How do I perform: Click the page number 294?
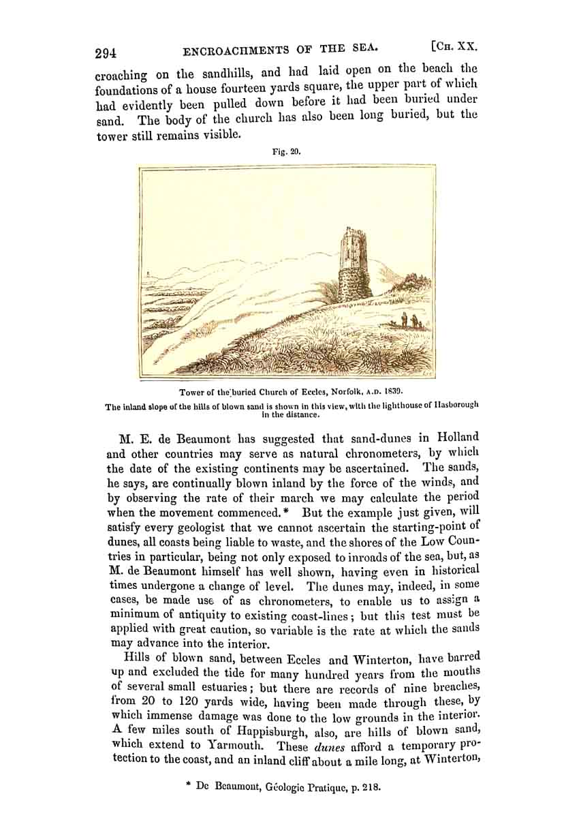click(106, 52)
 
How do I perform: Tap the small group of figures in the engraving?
click(408, 321)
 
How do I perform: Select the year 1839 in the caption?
click(391, 392)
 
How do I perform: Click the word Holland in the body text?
click(458, 437)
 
